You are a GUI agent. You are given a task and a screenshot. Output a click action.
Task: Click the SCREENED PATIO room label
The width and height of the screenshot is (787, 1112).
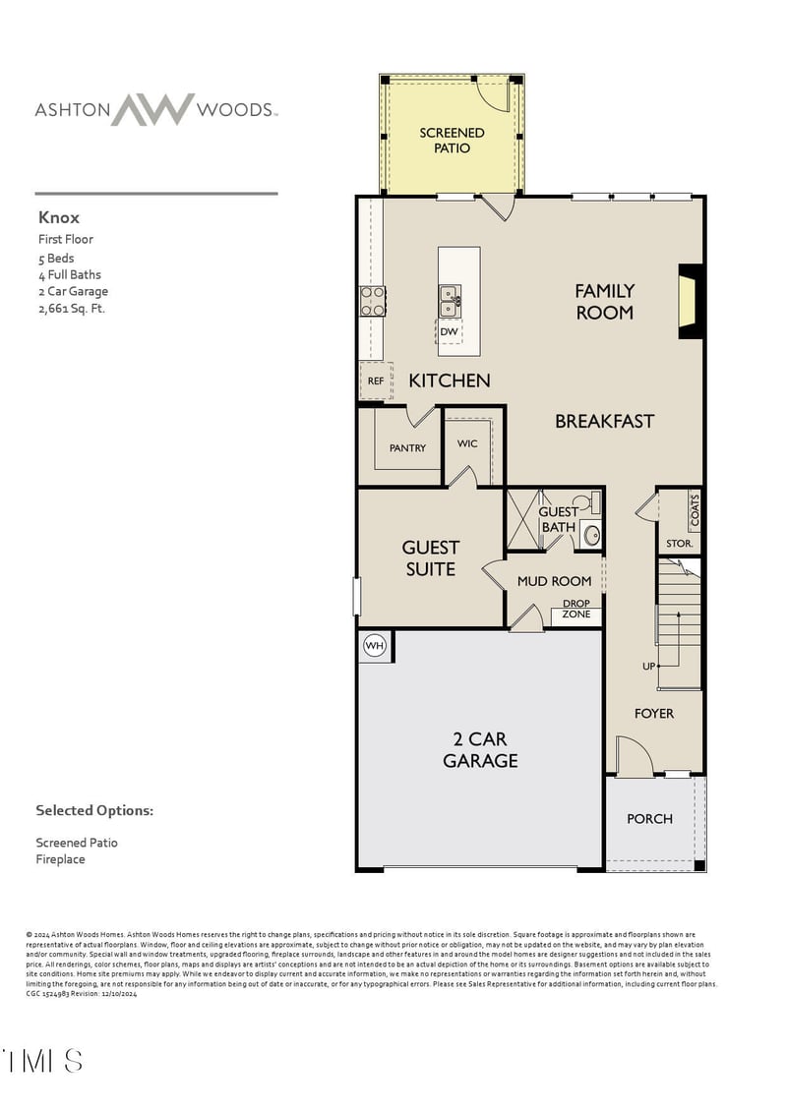pos(452,140)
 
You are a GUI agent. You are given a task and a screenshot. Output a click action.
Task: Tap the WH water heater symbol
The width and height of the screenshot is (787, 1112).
pos(375,645)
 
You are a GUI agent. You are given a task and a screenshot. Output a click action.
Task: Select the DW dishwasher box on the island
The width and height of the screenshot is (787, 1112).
pos(450,332)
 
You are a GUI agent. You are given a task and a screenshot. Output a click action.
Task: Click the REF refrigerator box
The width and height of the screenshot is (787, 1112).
pos(375,380)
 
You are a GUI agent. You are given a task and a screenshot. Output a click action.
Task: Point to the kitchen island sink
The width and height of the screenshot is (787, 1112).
pos(449,300)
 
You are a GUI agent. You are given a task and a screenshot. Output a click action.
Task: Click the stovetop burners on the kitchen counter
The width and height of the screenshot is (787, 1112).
pos(373,301)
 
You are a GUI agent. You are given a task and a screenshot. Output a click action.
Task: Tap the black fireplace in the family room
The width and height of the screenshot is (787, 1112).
pos(690,302)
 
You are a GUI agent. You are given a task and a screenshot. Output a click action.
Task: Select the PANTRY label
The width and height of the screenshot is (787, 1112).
pos(407,447)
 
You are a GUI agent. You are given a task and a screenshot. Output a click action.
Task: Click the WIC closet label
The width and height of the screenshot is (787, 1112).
pos(467,443)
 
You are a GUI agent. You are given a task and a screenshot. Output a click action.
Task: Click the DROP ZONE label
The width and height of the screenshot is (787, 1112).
pos(576,609)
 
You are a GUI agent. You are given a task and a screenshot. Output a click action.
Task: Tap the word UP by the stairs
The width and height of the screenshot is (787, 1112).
pos(648,666)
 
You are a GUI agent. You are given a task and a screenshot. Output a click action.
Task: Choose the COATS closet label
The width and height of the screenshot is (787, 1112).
pos(695,509)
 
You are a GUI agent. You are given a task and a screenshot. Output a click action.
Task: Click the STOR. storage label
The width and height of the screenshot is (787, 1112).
pos(680,543)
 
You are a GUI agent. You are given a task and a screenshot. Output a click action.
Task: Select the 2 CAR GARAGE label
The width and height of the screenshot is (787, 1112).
pos(480,749)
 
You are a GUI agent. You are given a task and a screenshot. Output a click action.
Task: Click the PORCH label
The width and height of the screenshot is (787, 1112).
pos(650,818)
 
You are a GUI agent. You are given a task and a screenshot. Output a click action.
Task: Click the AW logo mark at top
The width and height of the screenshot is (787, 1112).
pos(151,109)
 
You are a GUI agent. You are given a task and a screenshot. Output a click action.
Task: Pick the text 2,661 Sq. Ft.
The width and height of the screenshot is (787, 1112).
pos(71,308)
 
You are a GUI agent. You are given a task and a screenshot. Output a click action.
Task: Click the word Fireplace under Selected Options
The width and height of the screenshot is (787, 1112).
pos(61,859)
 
